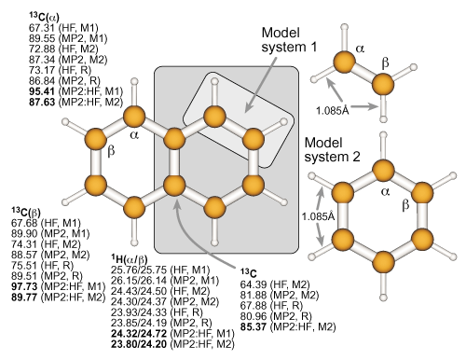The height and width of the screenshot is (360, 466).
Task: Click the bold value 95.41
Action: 42,91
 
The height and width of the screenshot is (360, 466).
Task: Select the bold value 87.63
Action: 42,102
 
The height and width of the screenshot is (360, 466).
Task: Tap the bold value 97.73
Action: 24,286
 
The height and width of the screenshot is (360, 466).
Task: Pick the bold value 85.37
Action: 253,326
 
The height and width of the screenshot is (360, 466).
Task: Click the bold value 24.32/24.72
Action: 139,334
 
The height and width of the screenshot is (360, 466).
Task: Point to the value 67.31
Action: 42,28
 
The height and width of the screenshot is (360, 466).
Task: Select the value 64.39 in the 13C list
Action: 253,284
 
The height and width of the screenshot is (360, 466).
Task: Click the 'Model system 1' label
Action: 289,40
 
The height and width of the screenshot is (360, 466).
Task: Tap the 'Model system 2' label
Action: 332,150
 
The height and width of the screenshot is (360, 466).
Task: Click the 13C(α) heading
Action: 44,17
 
